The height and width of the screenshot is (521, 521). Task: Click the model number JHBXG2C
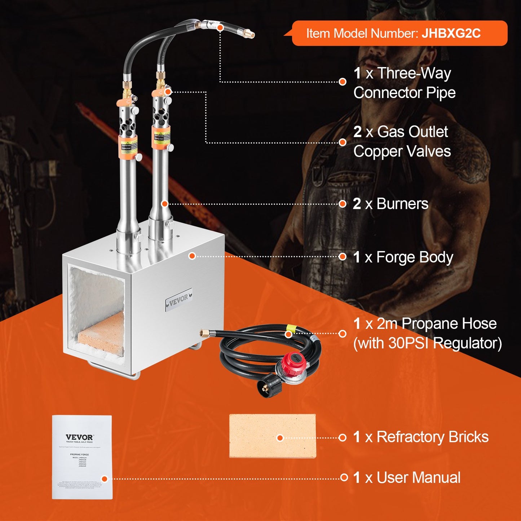click(451, 34)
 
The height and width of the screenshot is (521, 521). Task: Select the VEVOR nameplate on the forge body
click(178, 299)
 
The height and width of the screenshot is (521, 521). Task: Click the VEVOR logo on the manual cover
click(79, 437)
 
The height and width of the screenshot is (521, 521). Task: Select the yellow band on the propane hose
click(289, 328)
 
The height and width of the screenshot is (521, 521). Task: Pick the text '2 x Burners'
click(391, 204)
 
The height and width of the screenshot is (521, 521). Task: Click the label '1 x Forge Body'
click(403, 257)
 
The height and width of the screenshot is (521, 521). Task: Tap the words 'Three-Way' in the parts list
click(414, 73)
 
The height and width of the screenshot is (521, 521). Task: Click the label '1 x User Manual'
click(407, 478)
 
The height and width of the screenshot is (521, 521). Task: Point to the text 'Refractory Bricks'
click(432, 437)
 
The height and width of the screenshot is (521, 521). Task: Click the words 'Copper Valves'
click(402, 151)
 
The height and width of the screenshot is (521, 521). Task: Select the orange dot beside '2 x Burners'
click(343, 204)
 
